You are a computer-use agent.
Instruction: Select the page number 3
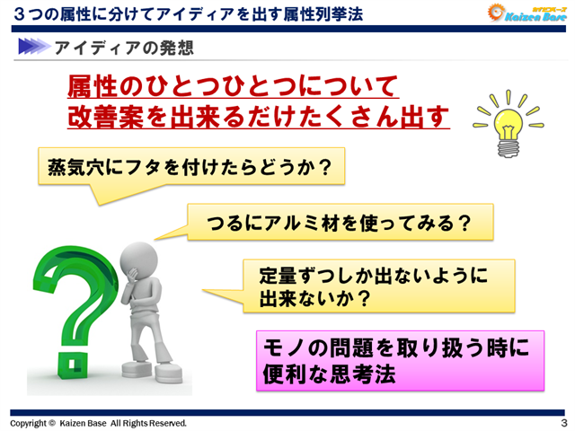coord(562,422)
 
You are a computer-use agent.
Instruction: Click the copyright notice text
coord(98,422)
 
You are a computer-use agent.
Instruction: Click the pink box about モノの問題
coord(400,358)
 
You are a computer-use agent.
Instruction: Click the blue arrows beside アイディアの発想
coord(33,46)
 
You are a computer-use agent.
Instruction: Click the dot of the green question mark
coord(70,365)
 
